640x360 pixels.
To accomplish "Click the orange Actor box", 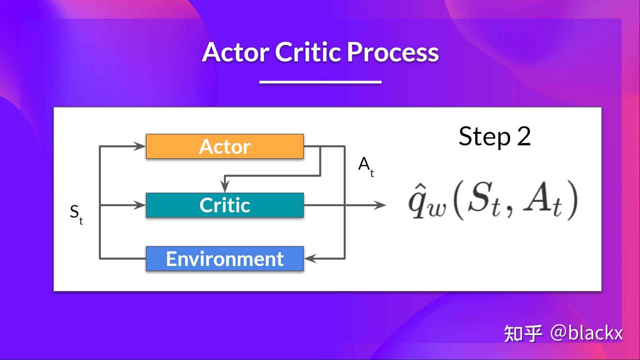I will pyautogui.click(x=225, y=146).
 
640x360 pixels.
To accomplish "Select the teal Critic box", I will pyautogui.click(x=225, y=205).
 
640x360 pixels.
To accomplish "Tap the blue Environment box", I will pyautogui.click(x=225, y=259).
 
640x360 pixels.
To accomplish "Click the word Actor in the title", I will pyautogui.click(x=235, y=52).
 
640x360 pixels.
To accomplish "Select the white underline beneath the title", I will pyautogui.click(x=320, y=82).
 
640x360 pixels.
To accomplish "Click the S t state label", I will pyautogui.click(x=76, y=213).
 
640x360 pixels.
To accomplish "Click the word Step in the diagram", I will pyautogui.click(x=484, y=136).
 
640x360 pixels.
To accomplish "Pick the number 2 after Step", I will pyautogui.click(x=524, y=136).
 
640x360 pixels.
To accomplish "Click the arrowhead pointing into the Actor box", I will pyautogui.click(x=140, y=146).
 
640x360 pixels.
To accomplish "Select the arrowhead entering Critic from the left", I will pyautogui.click(x=140, y=205).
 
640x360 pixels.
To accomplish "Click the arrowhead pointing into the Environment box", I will pyautogui.click(x=310, y=258).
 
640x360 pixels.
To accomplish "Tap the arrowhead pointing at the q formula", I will pyautogui.click(x=380, y=205).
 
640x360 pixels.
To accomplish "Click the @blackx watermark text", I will pyautogui.click(x=587, y=333).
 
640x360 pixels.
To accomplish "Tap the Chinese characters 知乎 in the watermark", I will pyautogui.click(x=523, y=333).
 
